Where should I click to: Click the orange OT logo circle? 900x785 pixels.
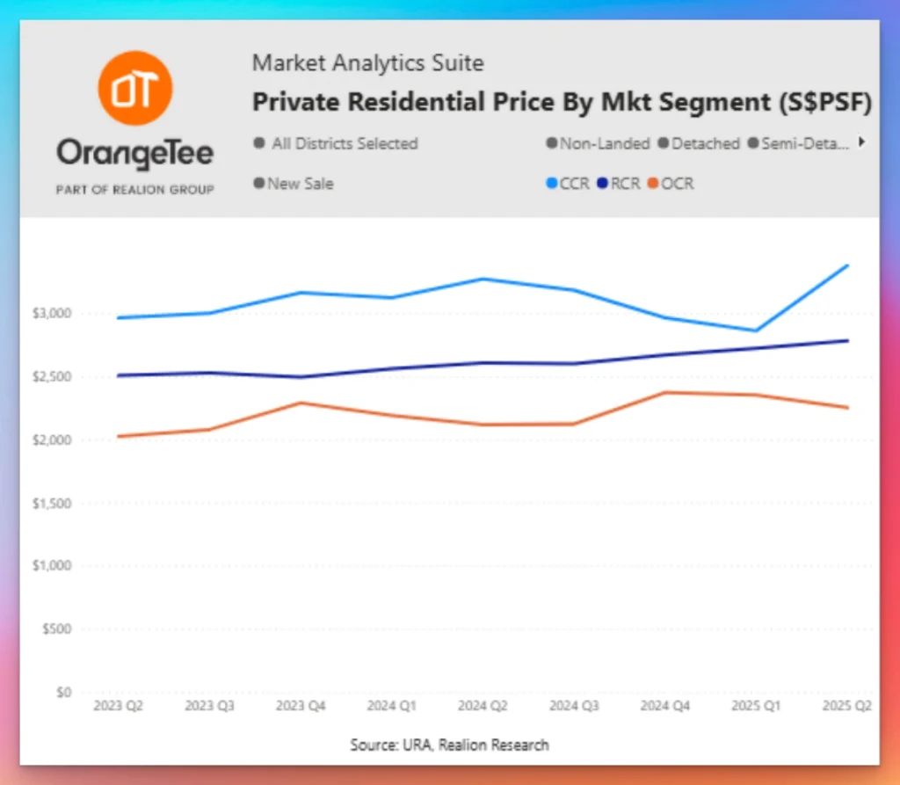(134, 88)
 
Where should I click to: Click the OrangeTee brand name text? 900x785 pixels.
(134, 155)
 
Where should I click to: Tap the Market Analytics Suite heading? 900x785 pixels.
(367, 63)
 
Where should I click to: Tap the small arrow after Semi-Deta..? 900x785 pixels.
(862, 142)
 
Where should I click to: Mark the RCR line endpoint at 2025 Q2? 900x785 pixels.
(847, 340)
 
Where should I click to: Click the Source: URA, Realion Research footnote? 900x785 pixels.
(449, 745)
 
